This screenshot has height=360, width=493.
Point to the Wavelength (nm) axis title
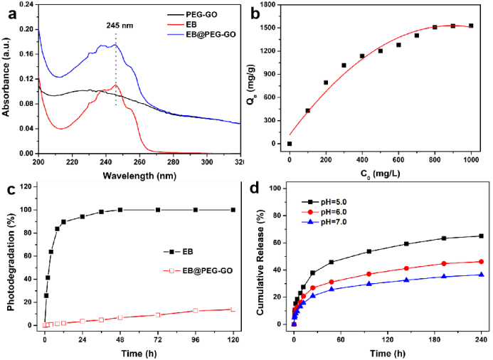[x=136, y=175]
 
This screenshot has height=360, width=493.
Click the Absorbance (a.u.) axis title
[x=6, y=79]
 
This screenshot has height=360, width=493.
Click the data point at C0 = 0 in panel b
[x=290, y=144]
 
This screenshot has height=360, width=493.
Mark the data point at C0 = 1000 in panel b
[x=471, y=26]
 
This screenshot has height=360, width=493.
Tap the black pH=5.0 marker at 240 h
[x=481, y=236]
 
